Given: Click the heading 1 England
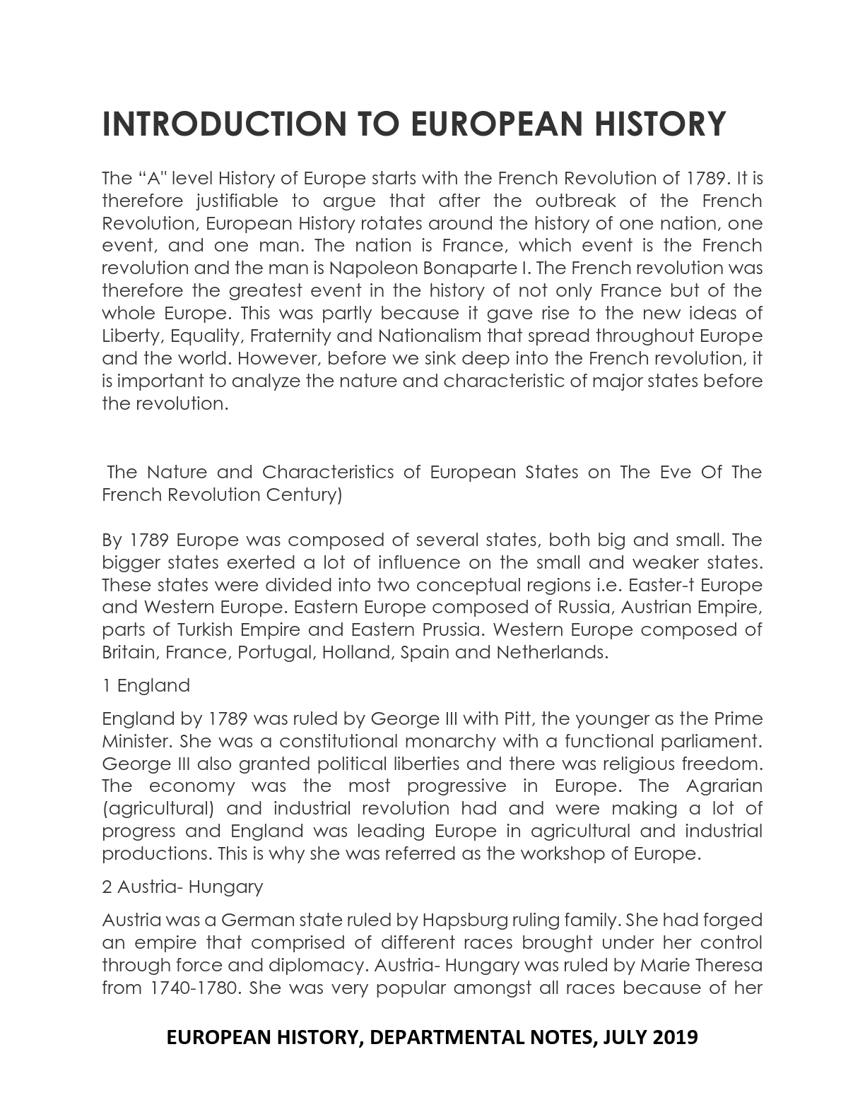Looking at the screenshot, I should click(146, 686).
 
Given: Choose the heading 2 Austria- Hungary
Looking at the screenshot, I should click(182, 887).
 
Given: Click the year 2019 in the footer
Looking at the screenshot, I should click(675, 1037).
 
